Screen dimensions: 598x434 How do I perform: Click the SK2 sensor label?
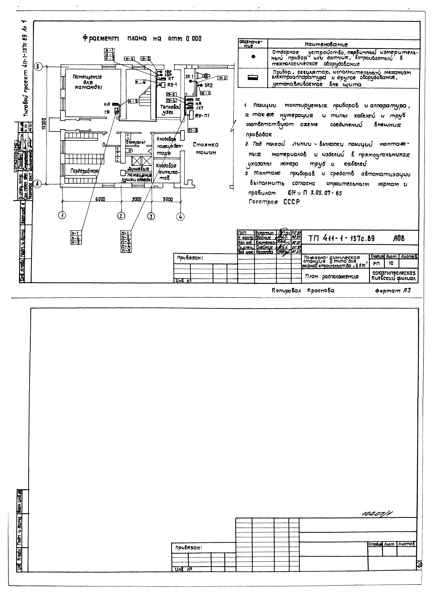pos(208,85)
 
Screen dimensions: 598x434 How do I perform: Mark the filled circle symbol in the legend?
pos(253,56)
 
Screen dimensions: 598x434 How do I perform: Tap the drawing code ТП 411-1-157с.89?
pos(341,238)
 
